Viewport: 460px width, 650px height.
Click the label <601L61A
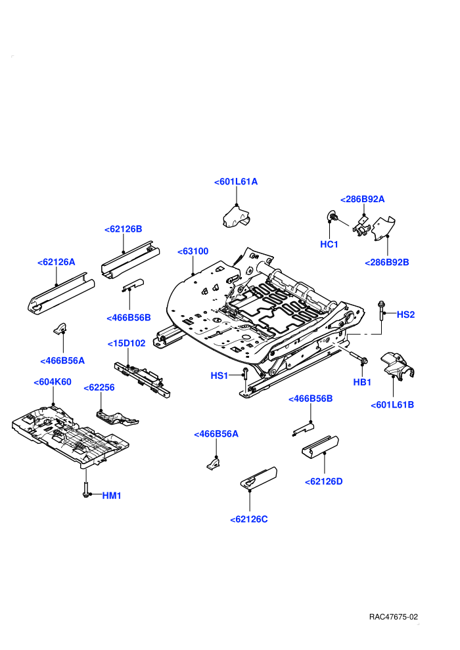coord(236,182)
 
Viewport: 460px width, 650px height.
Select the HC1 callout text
coord(329,245)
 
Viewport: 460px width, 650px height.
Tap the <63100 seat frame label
coord(193,251)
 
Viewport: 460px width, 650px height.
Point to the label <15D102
coord(127,343)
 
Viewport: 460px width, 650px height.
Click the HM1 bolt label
coord(112,495)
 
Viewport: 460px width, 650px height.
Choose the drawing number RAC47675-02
coord(394,617)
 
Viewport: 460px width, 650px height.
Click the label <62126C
coord(249,519)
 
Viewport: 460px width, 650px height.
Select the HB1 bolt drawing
coord(358,357)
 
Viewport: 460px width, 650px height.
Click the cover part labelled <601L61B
coord(398,365)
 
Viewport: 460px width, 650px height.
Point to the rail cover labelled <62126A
coord(61,293)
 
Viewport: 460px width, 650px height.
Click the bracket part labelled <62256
coord(117,418)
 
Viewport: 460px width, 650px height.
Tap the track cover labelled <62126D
coord(320,447)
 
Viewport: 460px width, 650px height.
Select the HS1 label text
coord(219,376)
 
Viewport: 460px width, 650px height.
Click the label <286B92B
coord(386,263)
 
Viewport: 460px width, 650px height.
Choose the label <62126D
coord(323,481)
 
